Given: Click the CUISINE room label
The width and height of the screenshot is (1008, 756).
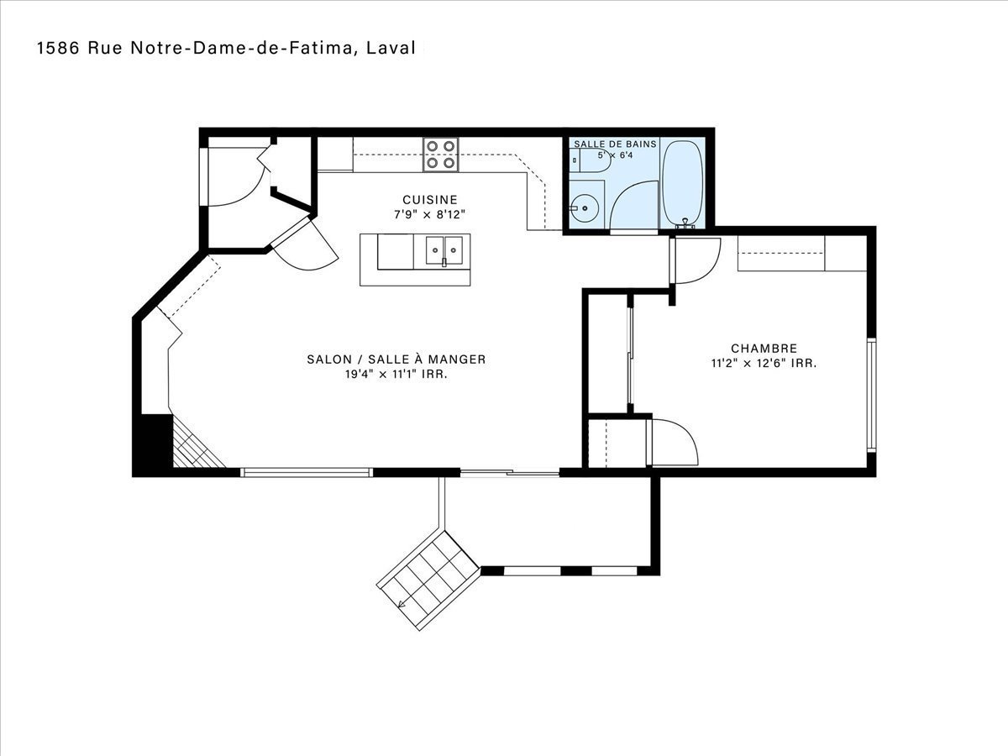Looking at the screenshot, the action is click(x=430, y=200).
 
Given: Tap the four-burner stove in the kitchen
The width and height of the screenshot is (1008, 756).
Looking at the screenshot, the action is click(x=441, y=155).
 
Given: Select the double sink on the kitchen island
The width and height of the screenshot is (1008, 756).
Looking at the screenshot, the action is click(x=444, y=250).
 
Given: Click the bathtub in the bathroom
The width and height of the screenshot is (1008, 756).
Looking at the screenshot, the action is click(x=683, y=184).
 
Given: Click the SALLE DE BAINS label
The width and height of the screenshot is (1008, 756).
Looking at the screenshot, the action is click(x=615, y=144).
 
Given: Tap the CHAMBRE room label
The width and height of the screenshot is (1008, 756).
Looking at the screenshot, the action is click(x=764, y=349).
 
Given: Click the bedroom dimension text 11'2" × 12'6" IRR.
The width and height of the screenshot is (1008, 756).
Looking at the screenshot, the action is click(x=764, y=364).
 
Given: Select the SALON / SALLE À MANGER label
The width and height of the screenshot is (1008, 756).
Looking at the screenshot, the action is click(x=396, y=359).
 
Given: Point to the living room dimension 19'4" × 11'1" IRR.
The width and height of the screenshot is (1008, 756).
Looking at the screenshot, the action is click(x=396, y=374).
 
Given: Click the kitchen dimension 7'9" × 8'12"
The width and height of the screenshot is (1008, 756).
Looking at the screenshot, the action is click(x=430, y=214).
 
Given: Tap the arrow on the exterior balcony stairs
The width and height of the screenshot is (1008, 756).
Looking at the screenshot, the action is click(x=402, y=604).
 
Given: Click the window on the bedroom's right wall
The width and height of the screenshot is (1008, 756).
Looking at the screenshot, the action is click(x=871, y=395).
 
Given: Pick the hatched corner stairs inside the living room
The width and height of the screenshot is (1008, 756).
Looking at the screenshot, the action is click(x=196, y=444).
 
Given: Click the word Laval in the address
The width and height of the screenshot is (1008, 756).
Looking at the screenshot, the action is click(x=391, y=48).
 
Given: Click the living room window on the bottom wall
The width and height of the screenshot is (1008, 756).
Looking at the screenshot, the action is click(x=307, y=472).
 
